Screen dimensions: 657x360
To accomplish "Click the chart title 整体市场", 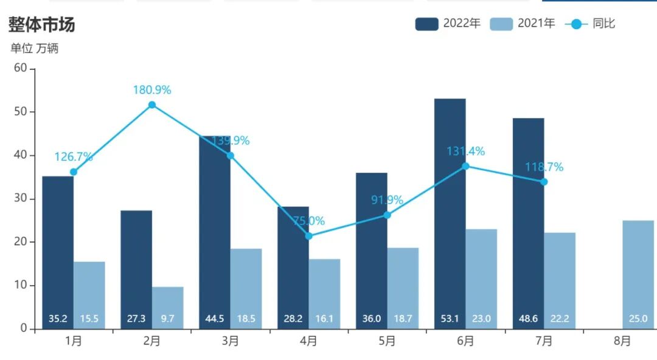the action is pyautogui.click(x=41, y=24).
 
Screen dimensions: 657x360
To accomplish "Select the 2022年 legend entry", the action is pyautogui.click(x=448, y=24).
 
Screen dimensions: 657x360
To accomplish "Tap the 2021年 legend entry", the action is pyautogui.click(x=522, y=24).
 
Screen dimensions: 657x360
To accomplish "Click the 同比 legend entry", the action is pyautogui.click(x=590, y=24).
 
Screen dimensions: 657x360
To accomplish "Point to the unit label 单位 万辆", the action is pyautogui.click(x=34, y=49).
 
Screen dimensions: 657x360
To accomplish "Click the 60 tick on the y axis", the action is pyautogui.click(x=20, y=68).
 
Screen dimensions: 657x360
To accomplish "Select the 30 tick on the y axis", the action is pyautogui.click(x=20, y=198).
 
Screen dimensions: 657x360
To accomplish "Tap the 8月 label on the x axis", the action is pyautogui.click(x=622, y=341).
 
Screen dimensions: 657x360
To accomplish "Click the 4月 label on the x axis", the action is pyautogui.click(x=308, y=341).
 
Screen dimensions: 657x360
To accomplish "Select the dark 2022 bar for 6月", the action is pyautogui.click(x=450, y=213).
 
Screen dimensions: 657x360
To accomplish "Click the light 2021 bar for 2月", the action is pyautogui.click(x=168, y=308).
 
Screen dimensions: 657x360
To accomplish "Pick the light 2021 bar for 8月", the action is pyautogui.click(x=638, y=274).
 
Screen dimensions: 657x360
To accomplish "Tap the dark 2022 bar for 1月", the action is pyautogui.click(x=58, y=253).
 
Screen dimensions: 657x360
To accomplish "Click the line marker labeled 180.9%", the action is pyautogui.click(x=152, y=105).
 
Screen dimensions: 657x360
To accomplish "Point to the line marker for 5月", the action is pyautogui.click(x=387, y=215).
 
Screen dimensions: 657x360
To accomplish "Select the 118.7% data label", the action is pyautogui.click(x=544, y=167).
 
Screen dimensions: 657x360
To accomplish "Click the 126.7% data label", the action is pyautogui.click(x=74, y=157).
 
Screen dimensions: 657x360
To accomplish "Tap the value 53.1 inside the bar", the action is pyautogui.click(x=450, y=319).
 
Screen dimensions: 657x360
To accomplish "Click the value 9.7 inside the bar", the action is pyautogui.click(x=168, y=319).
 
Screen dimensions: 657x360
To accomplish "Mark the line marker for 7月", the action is pyautogui.click(x=544, y=182).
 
